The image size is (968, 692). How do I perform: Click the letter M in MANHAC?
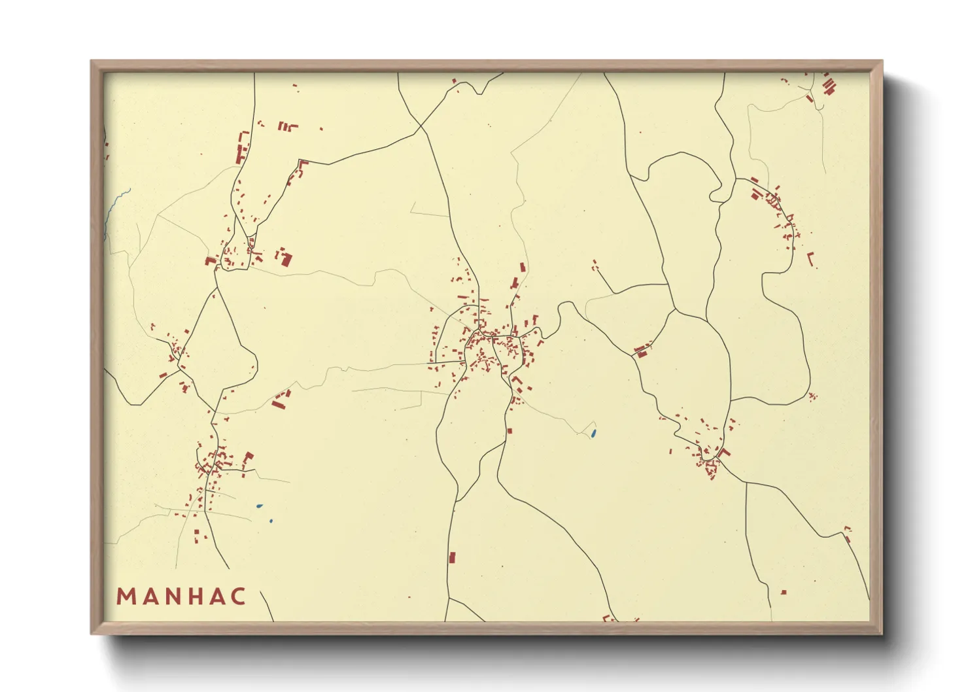point(125,597)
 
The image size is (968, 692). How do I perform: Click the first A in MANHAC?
point(148,597)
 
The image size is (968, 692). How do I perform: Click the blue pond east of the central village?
point(593,433)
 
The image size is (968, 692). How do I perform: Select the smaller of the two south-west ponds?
point(271,521)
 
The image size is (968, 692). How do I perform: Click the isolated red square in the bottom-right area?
point(784,592)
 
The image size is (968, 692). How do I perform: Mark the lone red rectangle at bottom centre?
point(451,557)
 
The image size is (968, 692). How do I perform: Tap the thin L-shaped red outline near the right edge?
point(811,260)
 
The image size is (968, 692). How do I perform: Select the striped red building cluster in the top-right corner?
point(828,86)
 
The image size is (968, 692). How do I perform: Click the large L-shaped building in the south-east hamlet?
point(723,453)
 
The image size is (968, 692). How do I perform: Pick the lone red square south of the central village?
point(510,430)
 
